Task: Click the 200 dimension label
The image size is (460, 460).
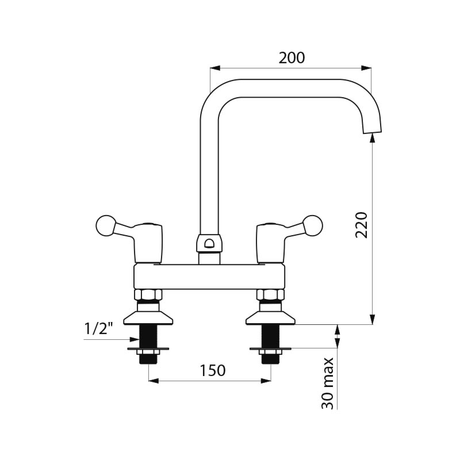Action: (292, 58)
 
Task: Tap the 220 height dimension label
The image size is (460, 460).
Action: (361, 225)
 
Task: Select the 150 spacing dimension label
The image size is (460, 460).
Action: (213, 370)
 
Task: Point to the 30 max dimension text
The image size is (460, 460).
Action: (328, 383)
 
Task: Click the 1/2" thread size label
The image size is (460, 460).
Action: (98, 328)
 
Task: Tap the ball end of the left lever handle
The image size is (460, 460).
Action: (106, 225)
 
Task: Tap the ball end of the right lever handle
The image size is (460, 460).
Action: (313, 225)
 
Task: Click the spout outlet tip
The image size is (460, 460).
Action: (373, 131)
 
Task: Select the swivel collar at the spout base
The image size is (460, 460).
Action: (209, 243)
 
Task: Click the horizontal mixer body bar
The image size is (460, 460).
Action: (209, 277)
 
